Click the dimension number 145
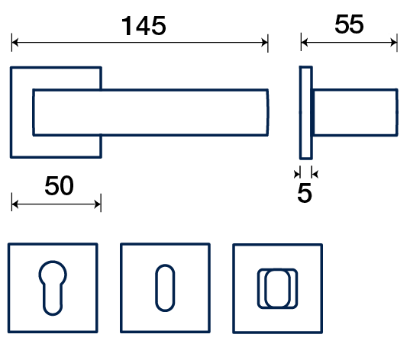144,26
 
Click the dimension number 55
349,24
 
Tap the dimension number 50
59,186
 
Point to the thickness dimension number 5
305,193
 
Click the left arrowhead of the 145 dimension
15,42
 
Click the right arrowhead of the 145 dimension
264,42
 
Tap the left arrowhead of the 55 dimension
305,42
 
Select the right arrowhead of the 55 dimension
393,42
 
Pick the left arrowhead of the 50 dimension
15,204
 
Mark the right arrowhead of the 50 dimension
98,204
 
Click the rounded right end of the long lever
267,112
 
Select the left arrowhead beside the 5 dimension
297,174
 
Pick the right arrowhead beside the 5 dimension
315,174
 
